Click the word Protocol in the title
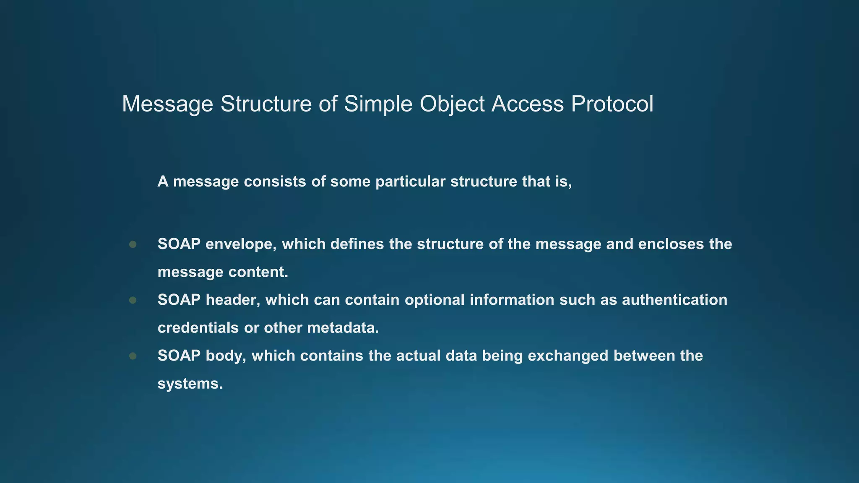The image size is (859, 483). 612,104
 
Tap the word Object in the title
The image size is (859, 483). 452,104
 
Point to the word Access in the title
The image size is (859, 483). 528,104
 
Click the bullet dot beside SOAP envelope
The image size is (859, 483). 133,244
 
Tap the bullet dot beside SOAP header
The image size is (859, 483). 133,300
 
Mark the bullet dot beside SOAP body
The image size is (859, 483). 133,356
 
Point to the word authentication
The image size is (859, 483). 674,300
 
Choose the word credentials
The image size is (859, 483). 198,327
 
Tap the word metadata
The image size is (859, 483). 343,327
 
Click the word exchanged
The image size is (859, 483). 568,356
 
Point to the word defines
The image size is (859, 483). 357,244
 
